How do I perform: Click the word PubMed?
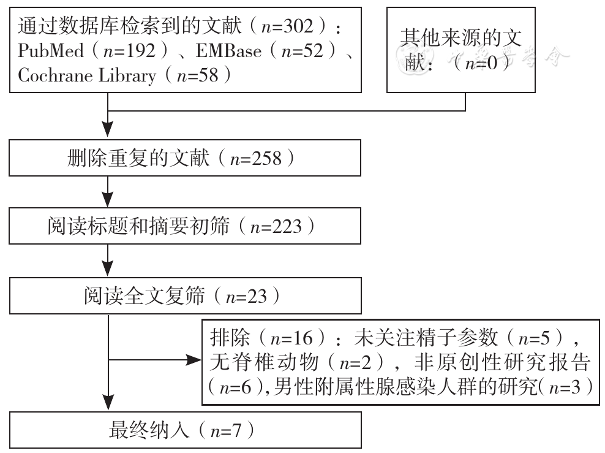tap(51, 51)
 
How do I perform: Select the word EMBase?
tap(229, 51)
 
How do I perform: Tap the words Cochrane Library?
tap(87, 75)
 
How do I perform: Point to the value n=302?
tap(287, 26)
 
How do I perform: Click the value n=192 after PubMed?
tap(129, 51)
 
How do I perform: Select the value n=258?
tap(256, 159)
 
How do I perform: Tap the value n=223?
tap(276, 227)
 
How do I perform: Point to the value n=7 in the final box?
tap(226, 430)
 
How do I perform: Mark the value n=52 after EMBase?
tap(302, 51)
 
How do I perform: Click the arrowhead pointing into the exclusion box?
tap(194, 360)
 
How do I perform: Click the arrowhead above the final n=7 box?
tap(108, 402)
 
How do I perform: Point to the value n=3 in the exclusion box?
tap(565, 387)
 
